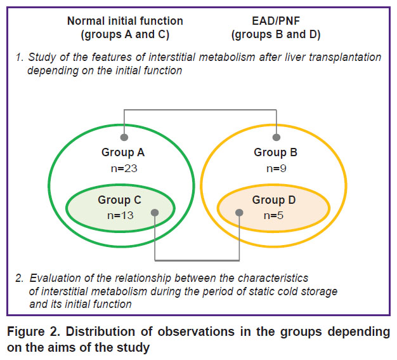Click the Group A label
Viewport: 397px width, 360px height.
point(123,152)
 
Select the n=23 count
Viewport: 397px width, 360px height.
point(124,169)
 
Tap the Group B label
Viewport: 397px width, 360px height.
point(275,152)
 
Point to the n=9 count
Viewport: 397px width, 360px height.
point(277,169)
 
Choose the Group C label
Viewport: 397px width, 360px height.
point(119,200)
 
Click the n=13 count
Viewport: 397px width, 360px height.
point(120,216)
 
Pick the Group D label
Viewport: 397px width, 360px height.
point(274,200)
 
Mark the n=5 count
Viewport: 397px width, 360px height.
point(273,216)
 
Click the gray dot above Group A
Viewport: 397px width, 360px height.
point(124,137)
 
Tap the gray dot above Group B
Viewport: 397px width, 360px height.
point(277,137)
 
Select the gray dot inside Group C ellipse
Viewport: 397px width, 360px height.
point(155,213)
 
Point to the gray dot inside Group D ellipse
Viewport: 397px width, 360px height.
point(239,213)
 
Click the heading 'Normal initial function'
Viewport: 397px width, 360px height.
point(125,21)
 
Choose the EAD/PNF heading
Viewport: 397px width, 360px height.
point(276,21)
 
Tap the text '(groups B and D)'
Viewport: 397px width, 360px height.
point(276,35)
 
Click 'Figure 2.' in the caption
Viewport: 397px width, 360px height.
point(34,331)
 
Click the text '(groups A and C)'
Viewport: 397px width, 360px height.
point(125,35)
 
